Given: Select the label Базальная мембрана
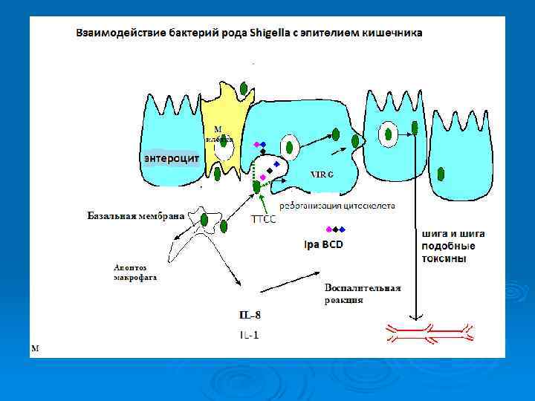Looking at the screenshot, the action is pyautogui.click(x=135, y=216).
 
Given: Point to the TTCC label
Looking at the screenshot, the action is pyautogui.click(x=263, y=219).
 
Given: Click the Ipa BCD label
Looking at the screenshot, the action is pyautogui.click(x=324, y=244).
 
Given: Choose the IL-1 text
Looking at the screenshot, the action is pyautogui.click(x=249, y=335).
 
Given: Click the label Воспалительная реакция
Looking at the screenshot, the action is pyautogui.click(x=363, y=293).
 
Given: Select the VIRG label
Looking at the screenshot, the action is pyautogui.click(x=321, y=174).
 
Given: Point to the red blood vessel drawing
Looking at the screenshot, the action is pyautogui.click(x=427, y=333).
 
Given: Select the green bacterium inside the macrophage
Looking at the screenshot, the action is pyautogui.click(x=204, y=220).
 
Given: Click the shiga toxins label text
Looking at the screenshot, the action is pyautogui.click(x=453, y=246).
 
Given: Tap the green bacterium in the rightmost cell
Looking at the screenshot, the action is pyautogui.click(x=441, y=175).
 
